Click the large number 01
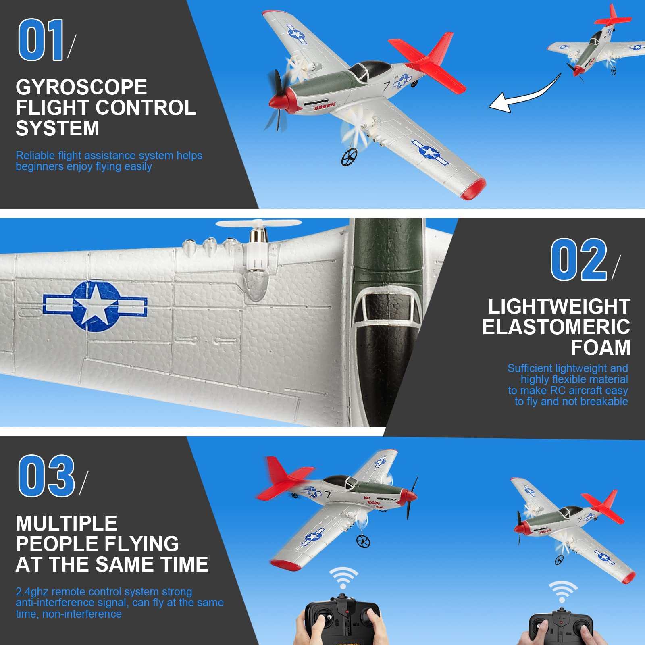click(41, 40)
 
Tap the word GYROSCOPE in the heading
click(81, 87)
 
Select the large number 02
click(579, 260)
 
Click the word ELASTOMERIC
click(556, 327)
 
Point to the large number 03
click(47, 476)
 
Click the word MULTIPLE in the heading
click(67, 523)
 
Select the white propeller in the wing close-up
click(258, 224)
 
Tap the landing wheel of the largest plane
click(349, 157)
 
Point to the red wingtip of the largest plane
click(474, 189)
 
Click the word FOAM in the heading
click(600, 347)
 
